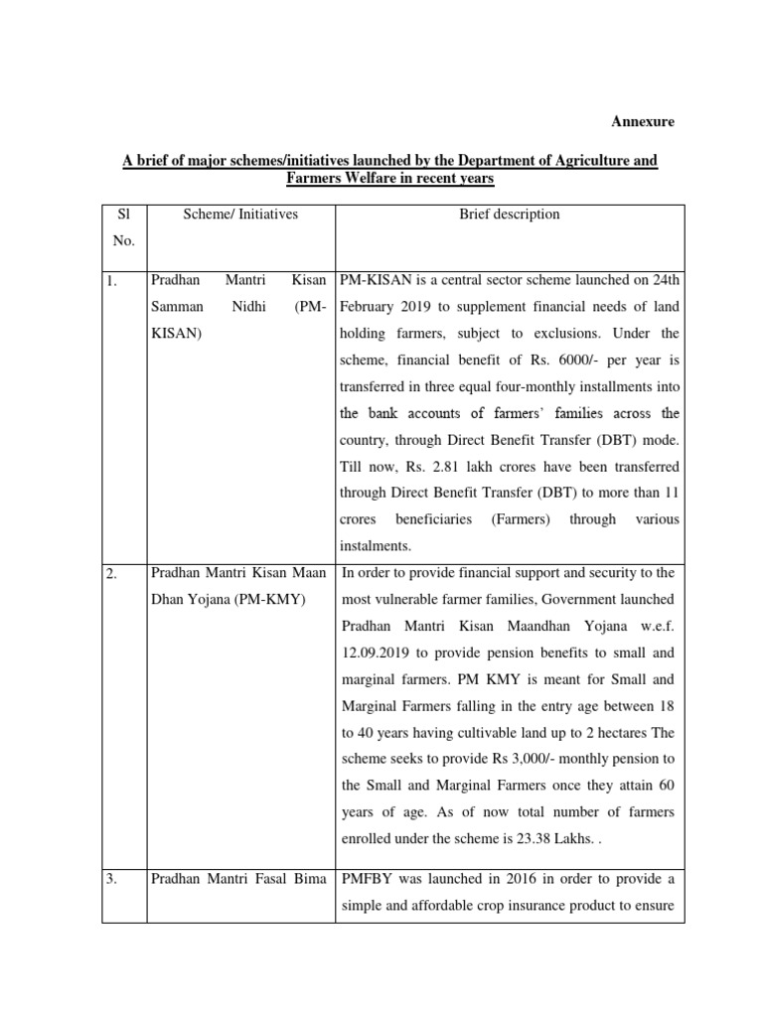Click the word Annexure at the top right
click(642, 122)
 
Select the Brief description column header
click(509, 215)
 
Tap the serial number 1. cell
click(112, 282)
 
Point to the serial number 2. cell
click(112, 574)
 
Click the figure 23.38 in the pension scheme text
click(538, 839)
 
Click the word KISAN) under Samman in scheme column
click(176, 335)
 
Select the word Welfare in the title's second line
click(370, 179)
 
